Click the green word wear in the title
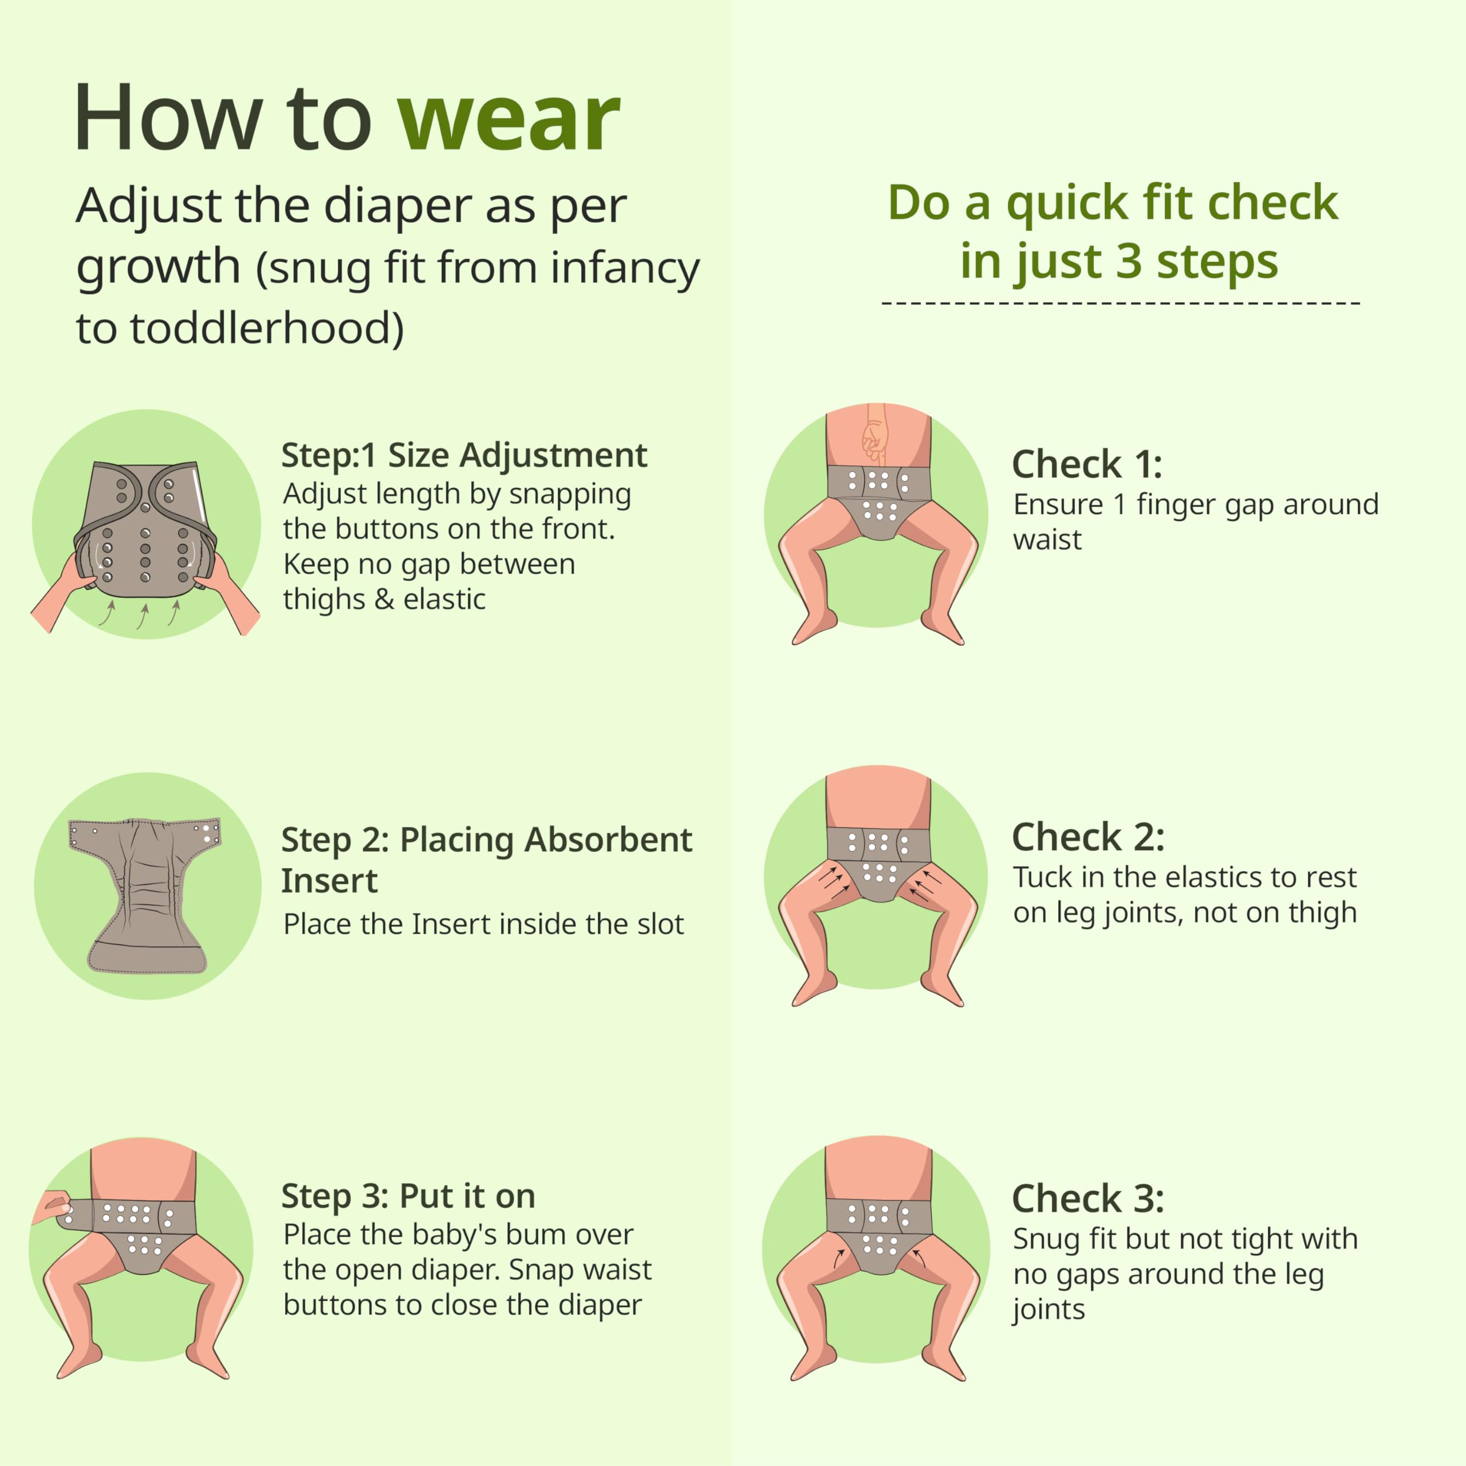pos(509,120)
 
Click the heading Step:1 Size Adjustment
pos(464,455)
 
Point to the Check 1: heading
pos(1086,464)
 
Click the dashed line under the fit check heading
pos(1121,304)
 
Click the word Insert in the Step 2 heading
pos(329,881)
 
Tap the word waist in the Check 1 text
pos(1047,539)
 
